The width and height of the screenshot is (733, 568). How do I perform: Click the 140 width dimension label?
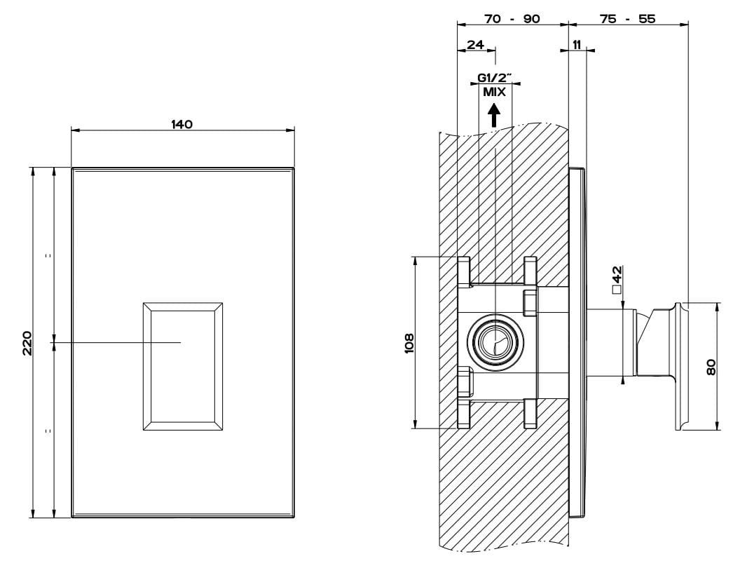[181, 125]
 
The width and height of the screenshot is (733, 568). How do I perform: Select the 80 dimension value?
[711, 367]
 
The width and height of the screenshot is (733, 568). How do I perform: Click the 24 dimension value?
[475, 45]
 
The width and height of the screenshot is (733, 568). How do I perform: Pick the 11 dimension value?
[576, 45]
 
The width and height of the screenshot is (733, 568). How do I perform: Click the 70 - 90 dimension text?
[512, 19]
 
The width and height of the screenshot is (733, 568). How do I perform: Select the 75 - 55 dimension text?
[627, 19]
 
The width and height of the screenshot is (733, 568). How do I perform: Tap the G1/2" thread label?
[495, 79]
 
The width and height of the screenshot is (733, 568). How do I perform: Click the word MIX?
[494, 91]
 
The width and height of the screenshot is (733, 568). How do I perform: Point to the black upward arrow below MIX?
[495, 114]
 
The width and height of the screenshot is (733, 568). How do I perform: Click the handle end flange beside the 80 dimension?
[680, 366]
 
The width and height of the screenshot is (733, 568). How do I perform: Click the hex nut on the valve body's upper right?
[530, 303]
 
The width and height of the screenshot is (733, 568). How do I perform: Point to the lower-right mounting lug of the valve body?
[530, 412]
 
